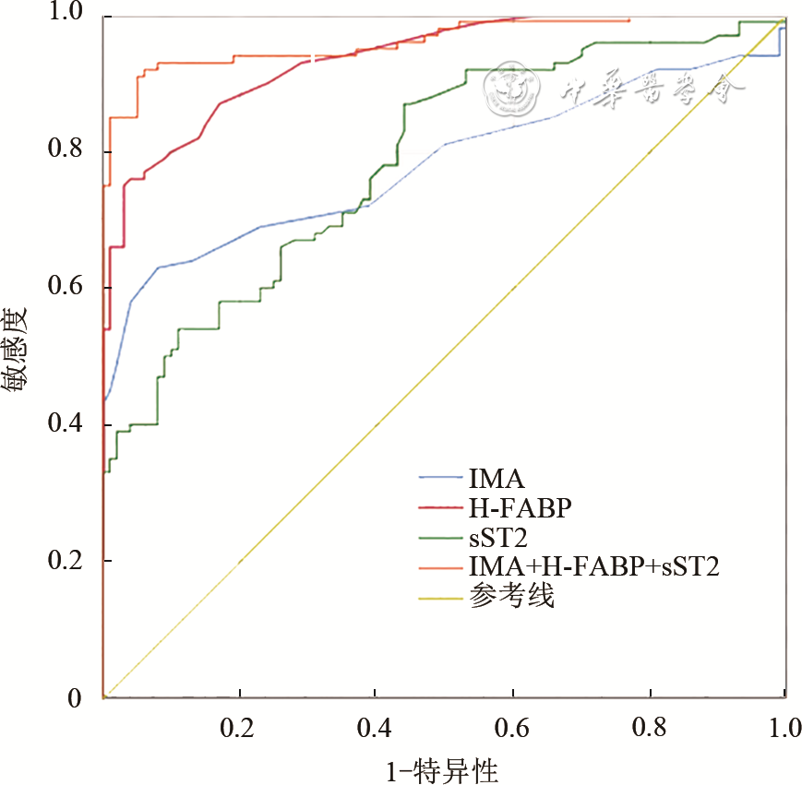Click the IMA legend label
click(497, 479)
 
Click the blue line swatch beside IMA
click(440, 479)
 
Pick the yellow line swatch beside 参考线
click(440, 599)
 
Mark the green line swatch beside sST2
click(440, 539)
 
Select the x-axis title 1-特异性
click(443, 767)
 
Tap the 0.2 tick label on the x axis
click(239, 728)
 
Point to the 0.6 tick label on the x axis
click(513, 728)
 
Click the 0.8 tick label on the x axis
click(650, 728)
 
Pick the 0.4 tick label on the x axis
click(377, 728)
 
